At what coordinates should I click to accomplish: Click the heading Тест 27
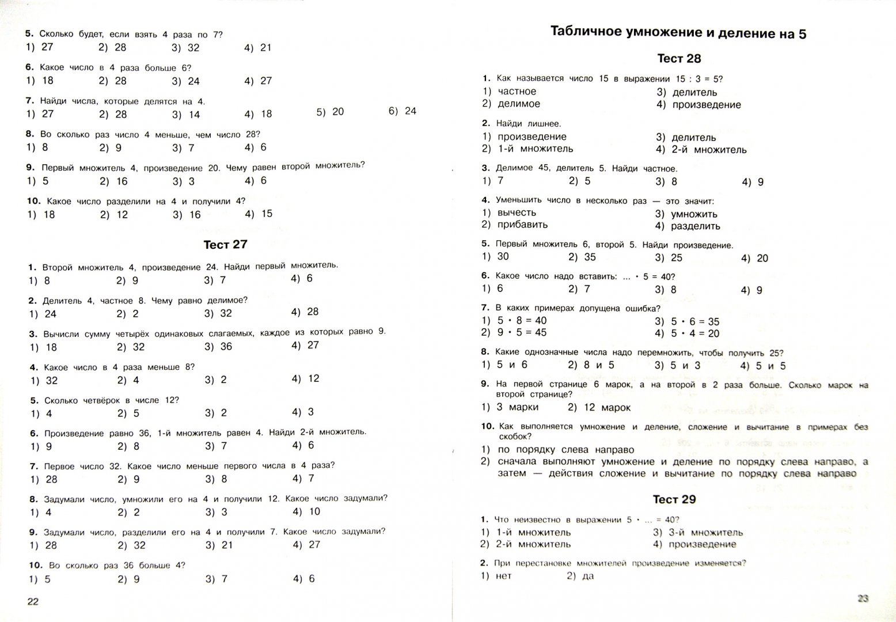pos(225,245)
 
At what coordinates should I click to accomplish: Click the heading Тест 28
pos(679,59)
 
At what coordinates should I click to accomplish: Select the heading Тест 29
pos(674,499)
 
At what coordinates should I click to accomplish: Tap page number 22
pos(33,602)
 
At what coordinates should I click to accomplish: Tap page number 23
pos(862,598)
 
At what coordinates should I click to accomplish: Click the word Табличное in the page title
pos(586,32)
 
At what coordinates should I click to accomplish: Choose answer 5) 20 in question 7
pos(330,112)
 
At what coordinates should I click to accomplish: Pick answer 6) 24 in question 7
pos(403,111)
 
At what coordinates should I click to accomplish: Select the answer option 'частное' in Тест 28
pos(517,92)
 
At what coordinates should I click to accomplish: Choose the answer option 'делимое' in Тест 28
pos(519,104)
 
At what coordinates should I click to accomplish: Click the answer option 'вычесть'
pos(517,213)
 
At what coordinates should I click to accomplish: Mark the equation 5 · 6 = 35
pos(694,322)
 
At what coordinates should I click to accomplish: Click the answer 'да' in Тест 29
pos(587,576)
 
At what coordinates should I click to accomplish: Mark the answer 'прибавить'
pos(522,225)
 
